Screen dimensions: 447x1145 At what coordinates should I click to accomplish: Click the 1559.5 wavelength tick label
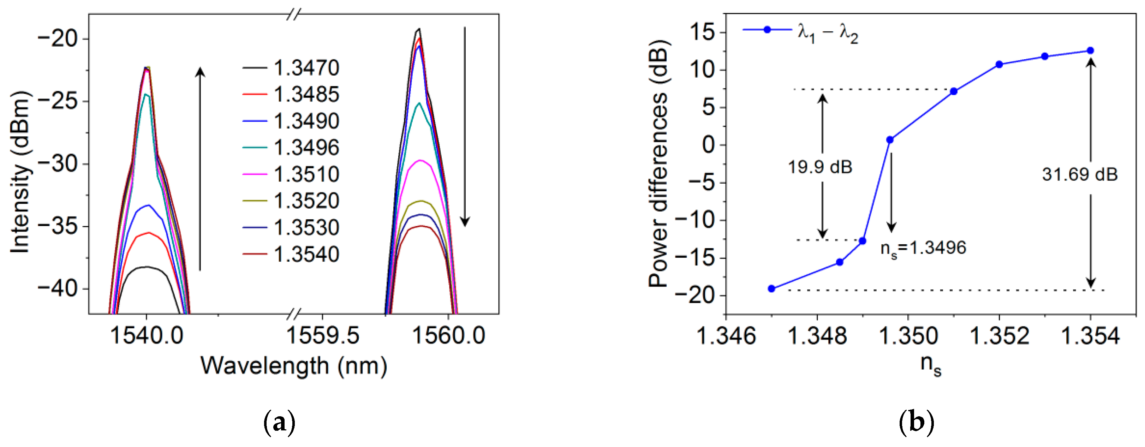click(322, 335)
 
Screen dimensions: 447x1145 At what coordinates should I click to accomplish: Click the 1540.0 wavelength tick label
click(146, 335)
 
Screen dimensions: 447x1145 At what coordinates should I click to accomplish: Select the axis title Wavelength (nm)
click(294, 366)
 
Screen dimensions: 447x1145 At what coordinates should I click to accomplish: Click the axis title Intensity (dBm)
click(20, 172)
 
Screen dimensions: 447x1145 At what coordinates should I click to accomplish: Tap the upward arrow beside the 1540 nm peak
click(201, 169)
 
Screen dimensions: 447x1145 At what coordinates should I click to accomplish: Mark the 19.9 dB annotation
click(820, 167)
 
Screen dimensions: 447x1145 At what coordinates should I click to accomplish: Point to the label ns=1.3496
click(923, 248)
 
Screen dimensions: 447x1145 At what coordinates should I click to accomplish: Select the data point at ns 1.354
click(1090, 50)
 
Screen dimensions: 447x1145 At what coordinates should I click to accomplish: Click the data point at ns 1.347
click(772, 289)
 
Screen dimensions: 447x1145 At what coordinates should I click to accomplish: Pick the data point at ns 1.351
click(953, 91)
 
